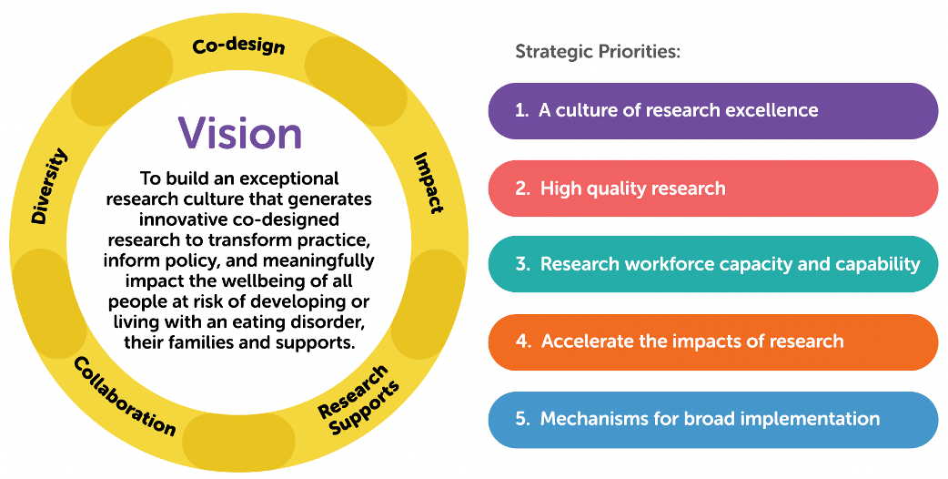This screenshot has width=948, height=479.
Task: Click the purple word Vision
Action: click(240, 133)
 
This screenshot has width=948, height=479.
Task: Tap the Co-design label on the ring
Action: click(239, 46)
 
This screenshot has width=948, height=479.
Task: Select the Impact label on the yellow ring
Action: click(428, 182)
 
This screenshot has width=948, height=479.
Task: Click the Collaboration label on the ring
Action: click(124, 395)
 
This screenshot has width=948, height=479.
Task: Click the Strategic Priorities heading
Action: click(598, 51)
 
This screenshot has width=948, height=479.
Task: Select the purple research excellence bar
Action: click(712, 111)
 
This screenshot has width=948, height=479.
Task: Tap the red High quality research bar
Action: click(712, 189)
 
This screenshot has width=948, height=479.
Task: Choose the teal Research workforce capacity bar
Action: click(712, 265)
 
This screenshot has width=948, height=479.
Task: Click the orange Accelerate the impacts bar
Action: click(712, 342)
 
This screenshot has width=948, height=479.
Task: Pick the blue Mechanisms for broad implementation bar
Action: click(712, 420)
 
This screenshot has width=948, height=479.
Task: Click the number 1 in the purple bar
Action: click(520, 111)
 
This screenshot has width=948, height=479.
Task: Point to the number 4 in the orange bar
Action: click(522, 342)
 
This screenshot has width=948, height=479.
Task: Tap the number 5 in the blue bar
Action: click(521, 420)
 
